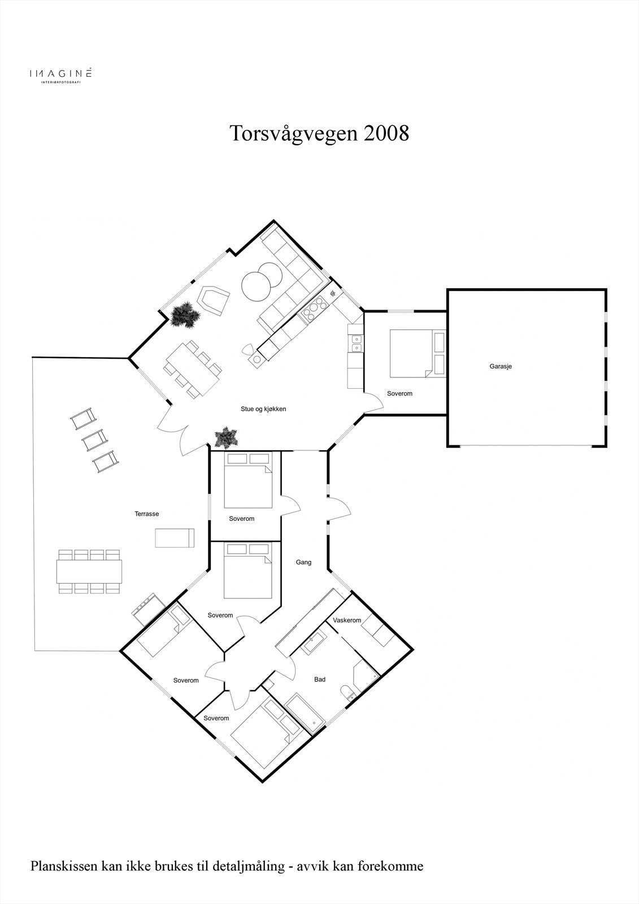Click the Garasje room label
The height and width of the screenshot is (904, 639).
501,366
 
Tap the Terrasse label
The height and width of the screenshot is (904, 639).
146,514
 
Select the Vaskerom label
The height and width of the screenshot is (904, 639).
347,620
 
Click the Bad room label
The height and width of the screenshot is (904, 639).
320,679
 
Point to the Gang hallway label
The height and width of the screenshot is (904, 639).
303,562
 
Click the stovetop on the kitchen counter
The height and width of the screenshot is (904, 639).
314,310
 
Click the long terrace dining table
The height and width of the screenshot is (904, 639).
89,571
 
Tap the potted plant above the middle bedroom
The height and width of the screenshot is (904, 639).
226,437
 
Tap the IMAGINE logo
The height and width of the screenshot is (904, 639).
60,74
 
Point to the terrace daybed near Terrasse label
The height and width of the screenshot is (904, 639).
175,537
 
